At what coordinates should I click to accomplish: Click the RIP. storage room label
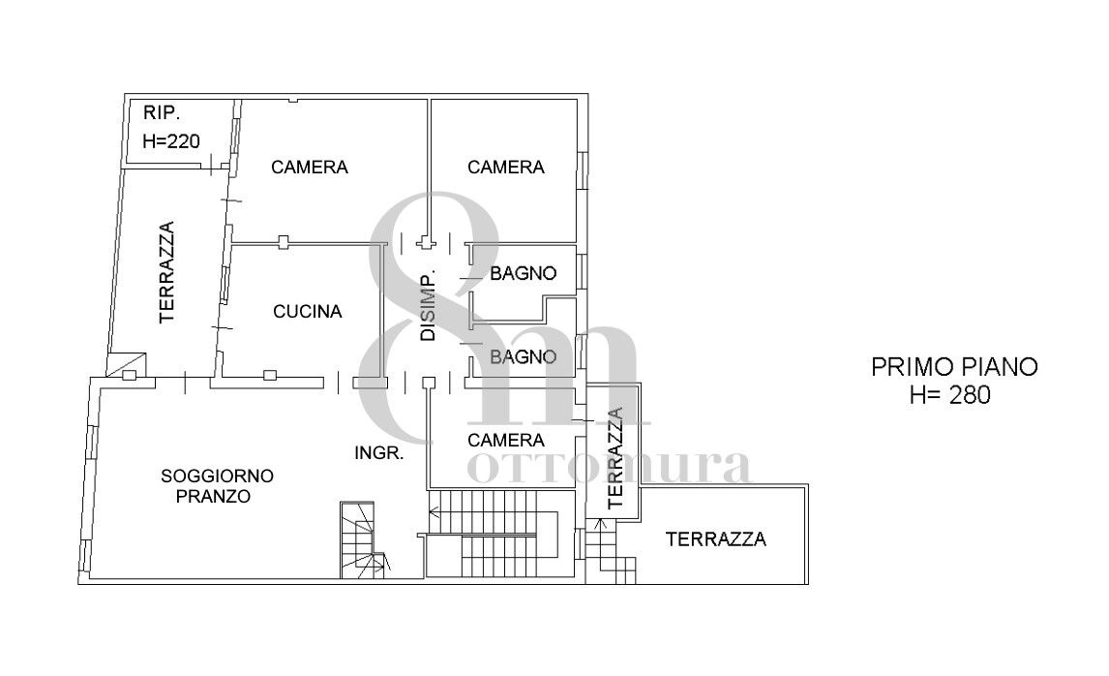[x=162, y=112]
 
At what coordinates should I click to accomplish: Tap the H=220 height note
[x=171, y=141]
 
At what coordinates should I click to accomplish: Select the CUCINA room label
[x=308, y=312]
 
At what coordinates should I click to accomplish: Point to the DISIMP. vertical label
[x=428, y=306]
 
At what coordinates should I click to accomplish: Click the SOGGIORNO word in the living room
[x=217, y=476]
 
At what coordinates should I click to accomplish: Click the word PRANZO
[x=213, y=496]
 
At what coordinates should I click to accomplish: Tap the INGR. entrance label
[x=379, y=453]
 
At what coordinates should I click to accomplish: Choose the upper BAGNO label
[x=524, y=273]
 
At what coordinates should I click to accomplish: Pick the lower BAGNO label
[x=524, y=356]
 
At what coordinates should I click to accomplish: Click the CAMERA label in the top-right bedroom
[x=506, y=167]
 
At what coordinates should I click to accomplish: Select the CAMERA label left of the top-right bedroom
[x=309, y=167]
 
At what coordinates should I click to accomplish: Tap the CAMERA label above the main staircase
[x=506, y=441]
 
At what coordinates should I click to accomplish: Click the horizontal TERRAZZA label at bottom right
[x=716, y=539]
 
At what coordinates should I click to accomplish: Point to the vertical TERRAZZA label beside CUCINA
[x=166, y=272]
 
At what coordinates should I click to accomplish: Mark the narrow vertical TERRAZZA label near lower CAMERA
[x=615, y=457]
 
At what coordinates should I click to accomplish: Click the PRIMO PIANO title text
[x=954, y=367]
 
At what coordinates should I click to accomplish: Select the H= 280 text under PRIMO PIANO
[x=950, y=395]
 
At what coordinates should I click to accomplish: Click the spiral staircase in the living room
[x=364, y=540]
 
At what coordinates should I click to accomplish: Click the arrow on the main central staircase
[x=435, y=511]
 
